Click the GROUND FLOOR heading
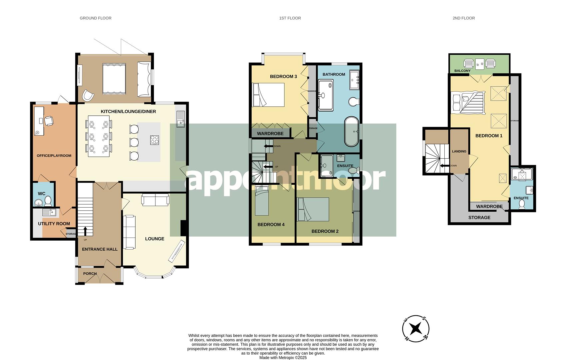(95, 18)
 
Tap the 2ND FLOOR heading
(463, 18)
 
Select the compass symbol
(415, 329)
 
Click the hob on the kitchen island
(154, 140)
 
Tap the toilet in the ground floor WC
(48, 201)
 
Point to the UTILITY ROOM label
(54, 224)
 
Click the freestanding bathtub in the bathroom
(351, 132)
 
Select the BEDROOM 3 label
(283, 76)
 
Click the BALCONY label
(462, 71)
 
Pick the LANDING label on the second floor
(459, 151)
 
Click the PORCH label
(90, 274)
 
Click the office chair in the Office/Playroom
(49, 121)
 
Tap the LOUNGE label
(155, 239)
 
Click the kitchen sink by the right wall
(181, 119)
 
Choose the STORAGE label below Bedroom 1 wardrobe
(479, 217)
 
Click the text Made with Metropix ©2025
(283, 358)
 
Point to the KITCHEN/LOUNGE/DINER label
(128, 111)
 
